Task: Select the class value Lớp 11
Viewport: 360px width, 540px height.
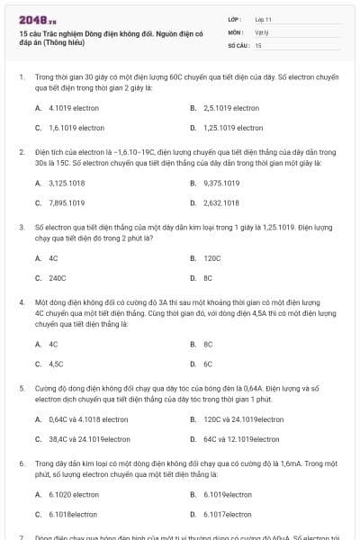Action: point(263,19)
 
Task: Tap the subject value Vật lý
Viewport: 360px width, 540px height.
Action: point(261,31)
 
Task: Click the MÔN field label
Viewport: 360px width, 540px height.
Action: point(235,31)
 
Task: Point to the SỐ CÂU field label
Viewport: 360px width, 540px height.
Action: point(238,44)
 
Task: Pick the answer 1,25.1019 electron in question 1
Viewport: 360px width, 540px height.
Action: point(233,128)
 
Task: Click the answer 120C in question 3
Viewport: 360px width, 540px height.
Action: point(212,258)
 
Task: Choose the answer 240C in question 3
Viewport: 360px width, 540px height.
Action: point(58,278)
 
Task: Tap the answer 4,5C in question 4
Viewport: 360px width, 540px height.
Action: point(56,364)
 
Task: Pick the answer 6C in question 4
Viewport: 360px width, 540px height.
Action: point(208,364)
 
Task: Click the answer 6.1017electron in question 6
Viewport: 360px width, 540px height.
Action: point(228,514)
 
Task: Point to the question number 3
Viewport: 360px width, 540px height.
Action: point(21,228)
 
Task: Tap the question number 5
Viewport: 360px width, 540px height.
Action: point(21,388)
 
